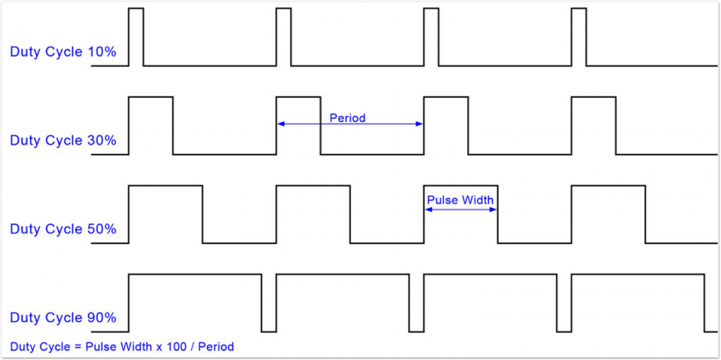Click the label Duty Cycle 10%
tap(63, 52)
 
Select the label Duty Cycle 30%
tap(63, 140)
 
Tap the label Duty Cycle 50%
tap(63, 229)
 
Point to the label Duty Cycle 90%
tap(63, 318)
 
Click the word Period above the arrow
tap(347, 118)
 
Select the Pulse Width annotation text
tap(460, 200)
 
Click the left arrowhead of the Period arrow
tap(280, 124)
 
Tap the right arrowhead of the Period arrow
tap(419, 124)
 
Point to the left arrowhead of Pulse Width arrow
tap(428, 210)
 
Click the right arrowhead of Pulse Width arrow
tap(493, 210)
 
